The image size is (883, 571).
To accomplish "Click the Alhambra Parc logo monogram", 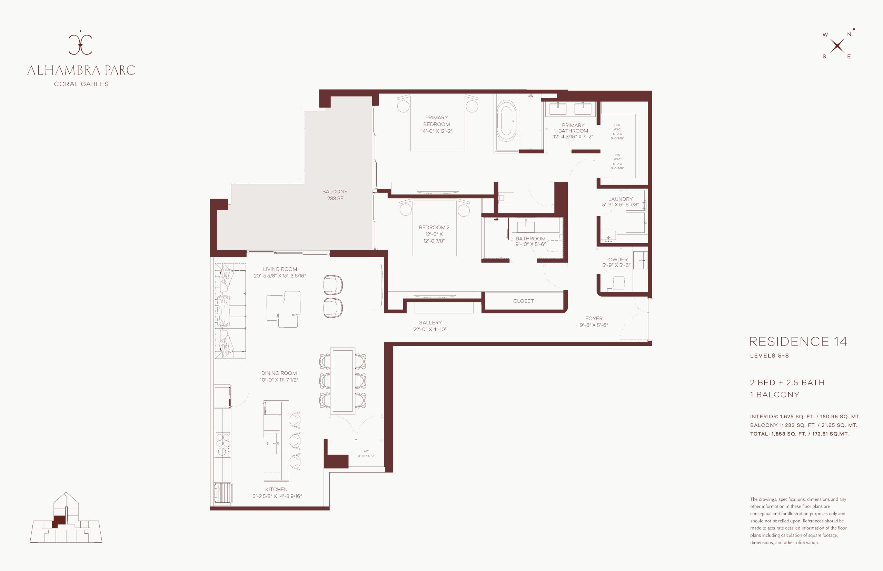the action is [80, 44].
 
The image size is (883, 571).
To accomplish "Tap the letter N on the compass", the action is [849, 34].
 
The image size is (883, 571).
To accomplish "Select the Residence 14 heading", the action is [798, 341].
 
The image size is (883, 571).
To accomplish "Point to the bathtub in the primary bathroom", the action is [506, 122].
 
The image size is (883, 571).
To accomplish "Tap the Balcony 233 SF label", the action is [335, 195].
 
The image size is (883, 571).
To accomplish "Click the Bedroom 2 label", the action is [434, 227].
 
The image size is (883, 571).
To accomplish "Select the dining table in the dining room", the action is [342, 380].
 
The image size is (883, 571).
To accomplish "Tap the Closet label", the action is [523, 301].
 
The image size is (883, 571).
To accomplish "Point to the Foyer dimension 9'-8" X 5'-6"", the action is [594, 325].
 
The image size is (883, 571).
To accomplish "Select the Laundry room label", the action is [621, 199].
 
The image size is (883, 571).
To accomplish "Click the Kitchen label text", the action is [276, 489].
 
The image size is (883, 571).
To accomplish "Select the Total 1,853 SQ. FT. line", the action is [799, 434].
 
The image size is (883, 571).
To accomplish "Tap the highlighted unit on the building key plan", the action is [58, 521].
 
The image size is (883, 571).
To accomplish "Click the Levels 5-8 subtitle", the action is [769, 355].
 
